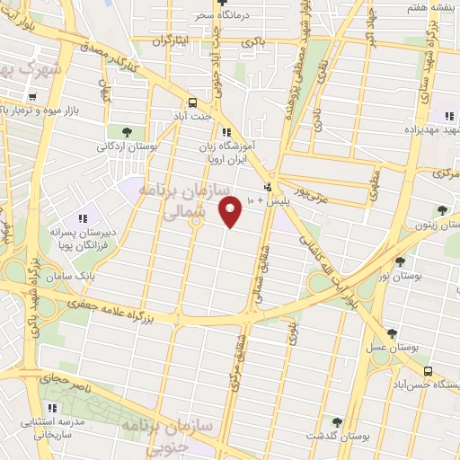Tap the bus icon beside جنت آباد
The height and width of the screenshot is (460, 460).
click(192, 102)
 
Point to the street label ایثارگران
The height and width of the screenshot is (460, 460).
click(173, 40)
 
